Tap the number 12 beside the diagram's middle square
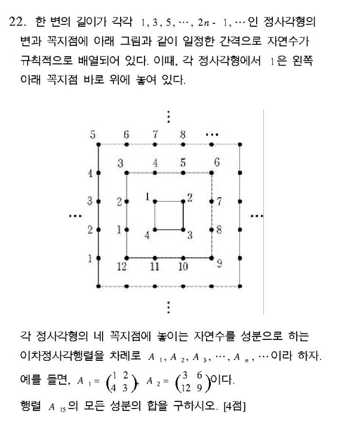coord(122,267)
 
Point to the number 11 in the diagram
coord(155,267)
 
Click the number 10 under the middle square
coord(183,267)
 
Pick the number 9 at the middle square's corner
coord(219,263)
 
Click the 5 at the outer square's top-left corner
coord(93,135)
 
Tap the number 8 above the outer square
coord(183,135)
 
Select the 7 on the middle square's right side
coord(219,202)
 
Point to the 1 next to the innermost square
coord(146,196)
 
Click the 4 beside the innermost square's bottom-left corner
coord(147,234)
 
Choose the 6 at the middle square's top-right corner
coord(217,162)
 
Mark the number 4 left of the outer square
coord(90,174)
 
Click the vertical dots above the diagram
coord(169,116)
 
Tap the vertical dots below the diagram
coord(169,307)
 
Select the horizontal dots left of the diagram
coord(75,216)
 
